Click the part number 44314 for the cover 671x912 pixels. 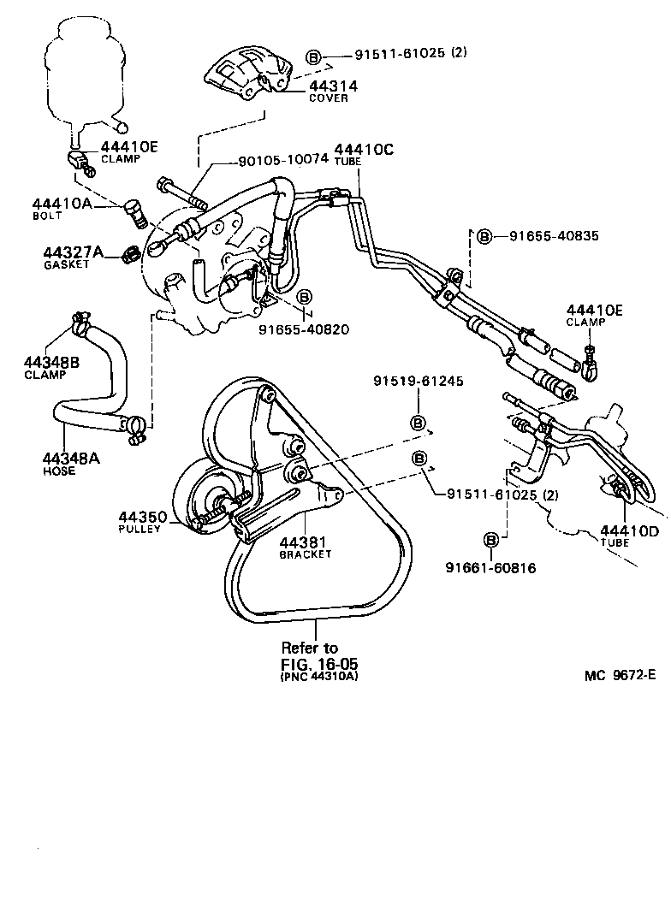point(333,86)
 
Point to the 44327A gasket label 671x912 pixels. point(74,252)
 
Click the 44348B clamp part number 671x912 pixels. point(51,363)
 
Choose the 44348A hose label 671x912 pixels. point(70,458)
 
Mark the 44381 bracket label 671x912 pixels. point(305,542)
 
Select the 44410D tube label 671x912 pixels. point(629,530)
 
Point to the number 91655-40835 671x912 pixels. point(553,235)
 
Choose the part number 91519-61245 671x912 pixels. point(418,381)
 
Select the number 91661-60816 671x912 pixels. point(490,566)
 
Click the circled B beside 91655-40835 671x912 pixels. point(484,235)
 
